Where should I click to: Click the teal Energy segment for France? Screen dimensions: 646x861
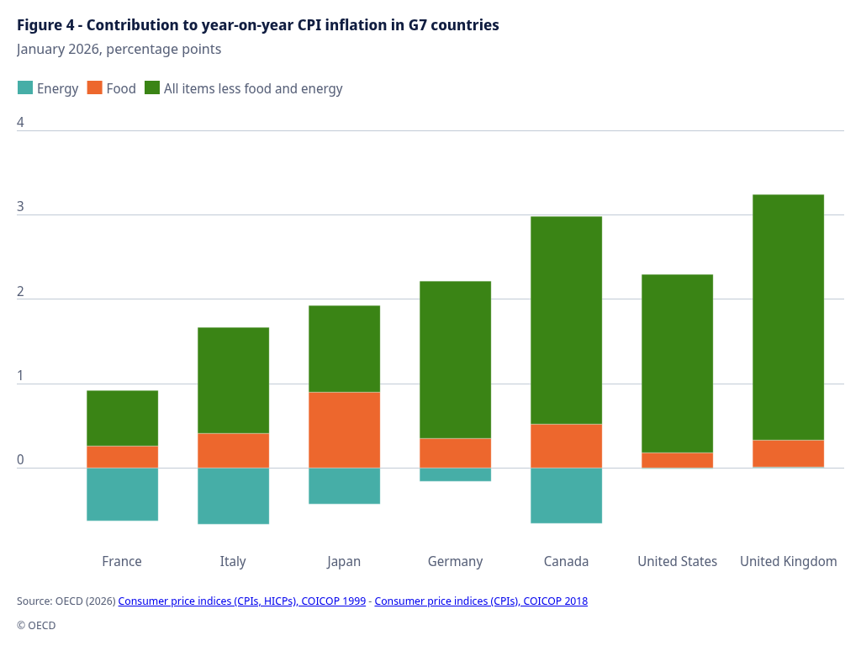point(122,494)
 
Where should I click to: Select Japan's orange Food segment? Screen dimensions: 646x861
point(344,430)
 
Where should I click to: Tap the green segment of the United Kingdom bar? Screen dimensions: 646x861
point(788,317)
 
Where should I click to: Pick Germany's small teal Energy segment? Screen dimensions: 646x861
point(455,474)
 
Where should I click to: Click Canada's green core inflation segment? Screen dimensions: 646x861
point(566,320)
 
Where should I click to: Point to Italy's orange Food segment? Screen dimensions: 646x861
point(233,450)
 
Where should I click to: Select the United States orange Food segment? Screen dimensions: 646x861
point(677,460)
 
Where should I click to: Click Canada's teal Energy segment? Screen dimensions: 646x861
point(566,495)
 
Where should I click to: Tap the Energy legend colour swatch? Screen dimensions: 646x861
point(25,88)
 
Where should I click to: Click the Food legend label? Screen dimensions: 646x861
point(121,88)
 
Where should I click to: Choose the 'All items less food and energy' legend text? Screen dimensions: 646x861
point(253,88)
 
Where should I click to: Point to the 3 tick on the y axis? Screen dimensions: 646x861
point(20,207)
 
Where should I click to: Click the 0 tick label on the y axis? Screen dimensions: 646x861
point(20,460)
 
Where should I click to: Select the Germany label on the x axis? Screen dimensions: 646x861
point(455,561)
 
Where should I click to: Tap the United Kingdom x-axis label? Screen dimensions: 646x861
point(788,561)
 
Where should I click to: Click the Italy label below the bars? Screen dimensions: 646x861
point(233,561)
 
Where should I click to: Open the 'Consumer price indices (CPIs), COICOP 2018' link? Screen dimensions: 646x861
point(481,601)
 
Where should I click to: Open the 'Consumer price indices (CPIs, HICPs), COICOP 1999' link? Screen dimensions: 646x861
point(241,601)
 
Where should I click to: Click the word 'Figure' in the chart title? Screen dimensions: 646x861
point(39,25)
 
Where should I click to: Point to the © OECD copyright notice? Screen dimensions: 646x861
point(36,626)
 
